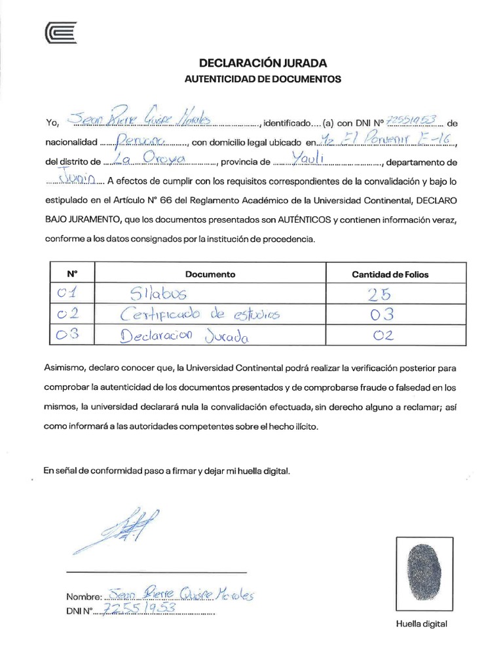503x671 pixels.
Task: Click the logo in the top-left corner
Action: (61, 33)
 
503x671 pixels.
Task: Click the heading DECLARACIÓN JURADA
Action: (262, 64)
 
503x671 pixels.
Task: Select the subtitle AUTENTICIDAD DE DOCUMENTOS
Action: (262, 79)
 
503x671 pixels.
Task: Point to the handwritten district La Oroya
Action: (145, 161)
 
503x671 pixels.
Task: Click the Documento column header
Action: (210, 274)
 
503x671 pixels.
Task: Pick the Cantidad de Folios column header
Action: (390, 274)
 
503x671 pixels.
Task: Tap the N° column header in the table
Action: (72, 274)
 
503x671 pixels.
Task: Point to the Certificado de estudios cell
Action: (200, 315)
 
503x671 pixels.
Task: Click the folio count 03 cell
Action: (381, 315)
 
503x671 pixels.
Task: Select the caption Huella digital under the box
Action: (421, 624)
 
